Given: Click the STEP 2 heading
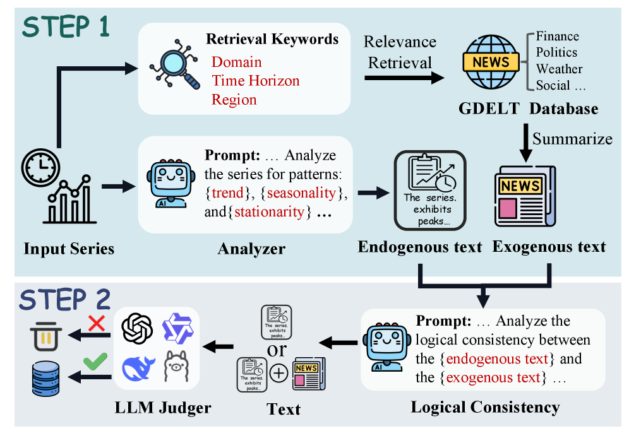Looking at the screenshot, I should point(66,298).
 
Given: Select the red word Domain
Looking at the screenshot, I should point(236,62).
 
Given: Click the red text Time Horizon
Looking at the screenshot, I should point(255,81).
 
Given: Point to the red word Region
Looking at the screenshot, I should point(234,100).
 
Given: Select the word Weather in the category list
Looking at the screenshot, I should point(559,69).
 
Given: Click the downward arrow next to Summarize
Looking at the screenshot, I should point(524,138).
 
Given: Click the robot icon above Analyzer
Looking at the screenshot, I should point(169,184).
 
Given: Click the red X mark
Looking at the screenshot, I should point(96,324).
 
